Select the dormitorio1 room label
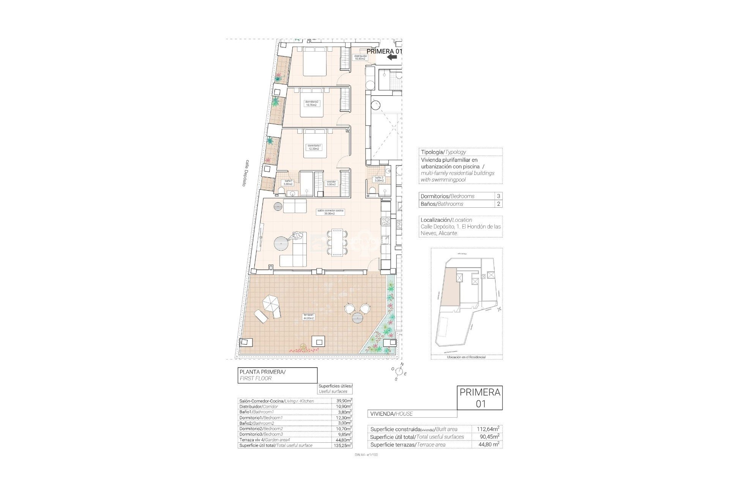pos(314,147)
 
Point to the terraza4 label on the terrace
pos(308,317)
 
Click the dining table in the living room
pos(337,243)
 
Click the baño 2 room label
pos(379,179)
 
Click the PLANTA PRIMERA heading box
pos(277,375)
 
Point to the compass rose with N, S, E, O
pos(399,371)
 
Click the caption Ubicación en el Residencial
pos(466,357)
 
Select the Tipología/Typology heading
pos(443,152)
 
